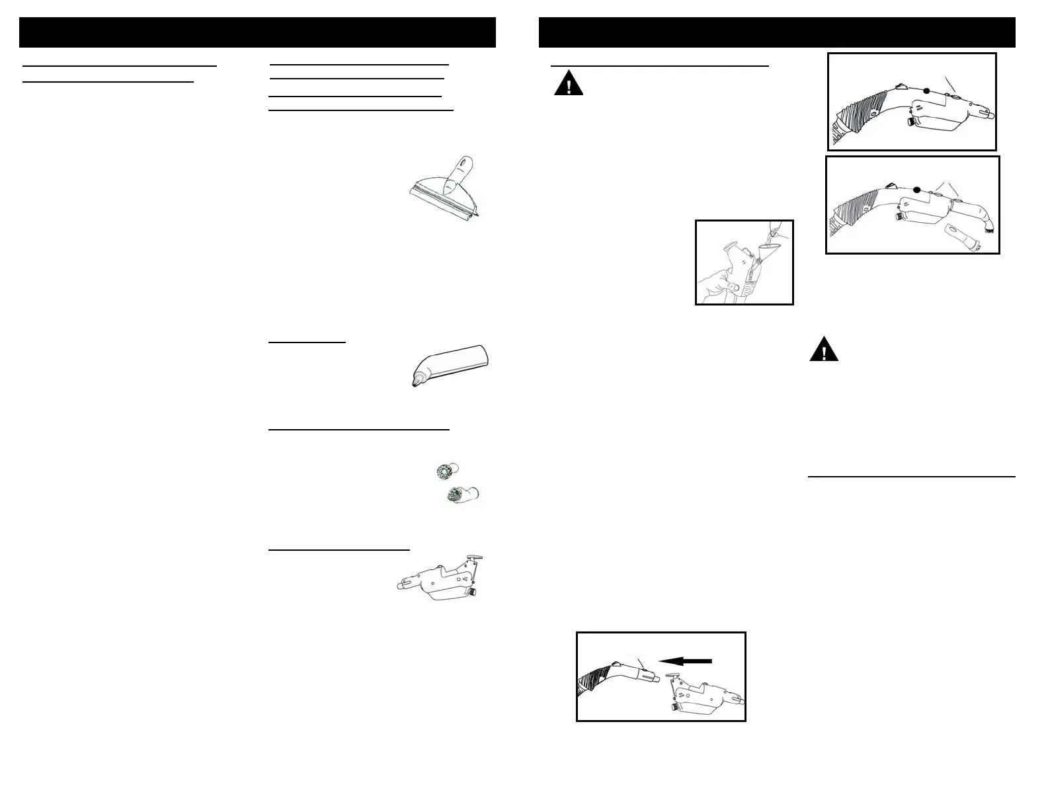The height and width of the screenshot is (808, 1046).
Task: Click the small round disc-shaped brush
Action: pos(444,470)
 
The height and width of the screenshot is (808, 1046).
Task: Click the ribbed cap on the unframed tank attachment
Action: pos(476,590)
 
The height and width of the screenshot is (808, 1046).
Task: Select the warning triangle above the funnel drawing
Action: pos(569,85)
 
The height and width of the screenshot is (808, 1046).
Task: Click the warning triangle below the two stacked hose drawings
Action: pos(824,350)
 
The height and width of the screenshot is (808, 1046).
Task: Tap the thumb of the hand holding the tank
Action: pos(731,286)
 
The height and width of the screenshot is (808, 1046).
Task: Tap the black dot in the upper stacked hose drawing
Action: pos(927,91)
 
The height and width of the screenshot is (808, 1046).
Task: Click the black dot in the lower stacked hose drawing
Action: pos(917,190)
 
